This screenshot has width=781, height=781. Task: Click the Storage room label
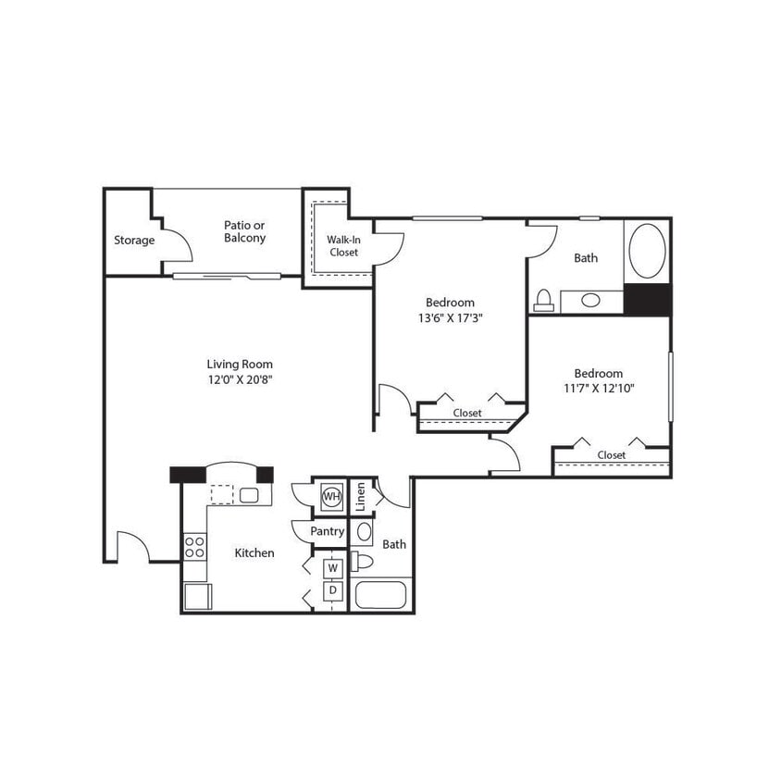coord(134,241)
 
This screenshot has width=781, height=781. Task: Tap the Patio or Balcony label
coord(244,231)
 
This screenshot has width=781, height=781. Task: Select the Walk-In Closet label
coord(343,246)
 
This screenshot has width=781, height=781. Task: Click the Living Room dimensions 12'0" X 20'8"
coord(240,378)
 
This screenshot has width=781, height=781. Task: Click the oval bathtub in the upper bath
coord(647,251)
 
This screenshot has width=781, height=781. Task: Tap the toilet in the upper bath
coord(543,299)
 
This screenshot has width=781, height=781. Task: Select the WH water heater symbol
coord(330,497)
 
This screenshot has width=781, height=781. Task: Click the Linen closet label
coord(361,496)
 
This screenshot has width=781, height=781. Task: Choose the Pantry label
coord(328,531)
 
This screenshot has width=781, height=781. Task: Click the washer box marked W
coord(331,566)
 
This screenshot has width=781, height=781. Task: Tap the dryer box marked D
coord(331,589)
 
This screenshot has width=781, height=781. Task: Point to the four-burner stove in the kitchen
coord(194,546)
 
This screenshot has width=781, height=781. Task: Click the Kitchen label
coord(254,553)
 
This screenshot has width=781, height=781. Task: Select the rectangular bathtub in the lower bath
coord(379,594)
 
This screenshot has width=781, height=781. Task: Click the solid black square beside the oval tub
coord(647,299)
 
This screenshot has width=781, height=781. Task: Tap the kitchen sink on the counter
coord(249,495)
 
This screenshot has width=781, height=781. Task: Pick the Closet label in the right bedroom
coord(611,455)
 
